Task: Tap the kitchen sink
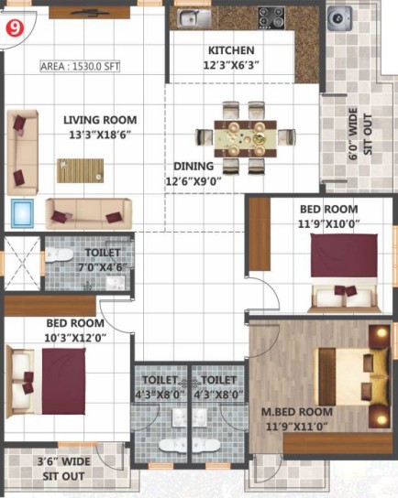[x=194, y=17]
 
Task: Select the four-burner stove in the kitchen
[x=271, y=18]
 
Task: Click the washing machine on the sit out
[x=340, y=18]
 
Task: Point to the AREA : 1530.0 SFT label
[x=80, y=67]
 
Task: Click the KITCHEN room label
[x=231, y=50]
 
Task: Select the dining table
[x=245, y=138]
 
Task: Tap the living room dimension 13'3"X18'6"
[x=101, y=135]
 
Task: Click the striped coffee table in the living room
[x=80, y=170]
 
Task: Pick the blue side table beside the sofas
[x=22, y=213]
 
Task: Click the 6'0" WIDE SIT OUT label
[x=360, y=134]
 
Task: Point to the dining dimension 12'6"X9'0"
[x=193, y=181]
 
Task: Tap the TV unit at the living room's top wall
[x=89, y=13]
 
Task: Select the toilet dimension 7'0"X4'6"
[x=103, y=267]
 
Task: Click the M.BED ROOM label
[x=297, y=412]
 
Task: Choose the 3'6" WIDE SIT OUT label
[x=63, y=469]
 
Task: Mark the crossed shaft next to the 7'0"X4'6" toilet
[x=22, y=263]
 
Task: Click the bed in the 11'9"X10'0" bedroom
[x=344, y=273]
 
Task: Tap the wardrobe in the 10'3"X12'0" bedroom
[x=50, y=306]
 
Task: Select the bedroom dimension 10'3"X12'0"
[x=75, y=338]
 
